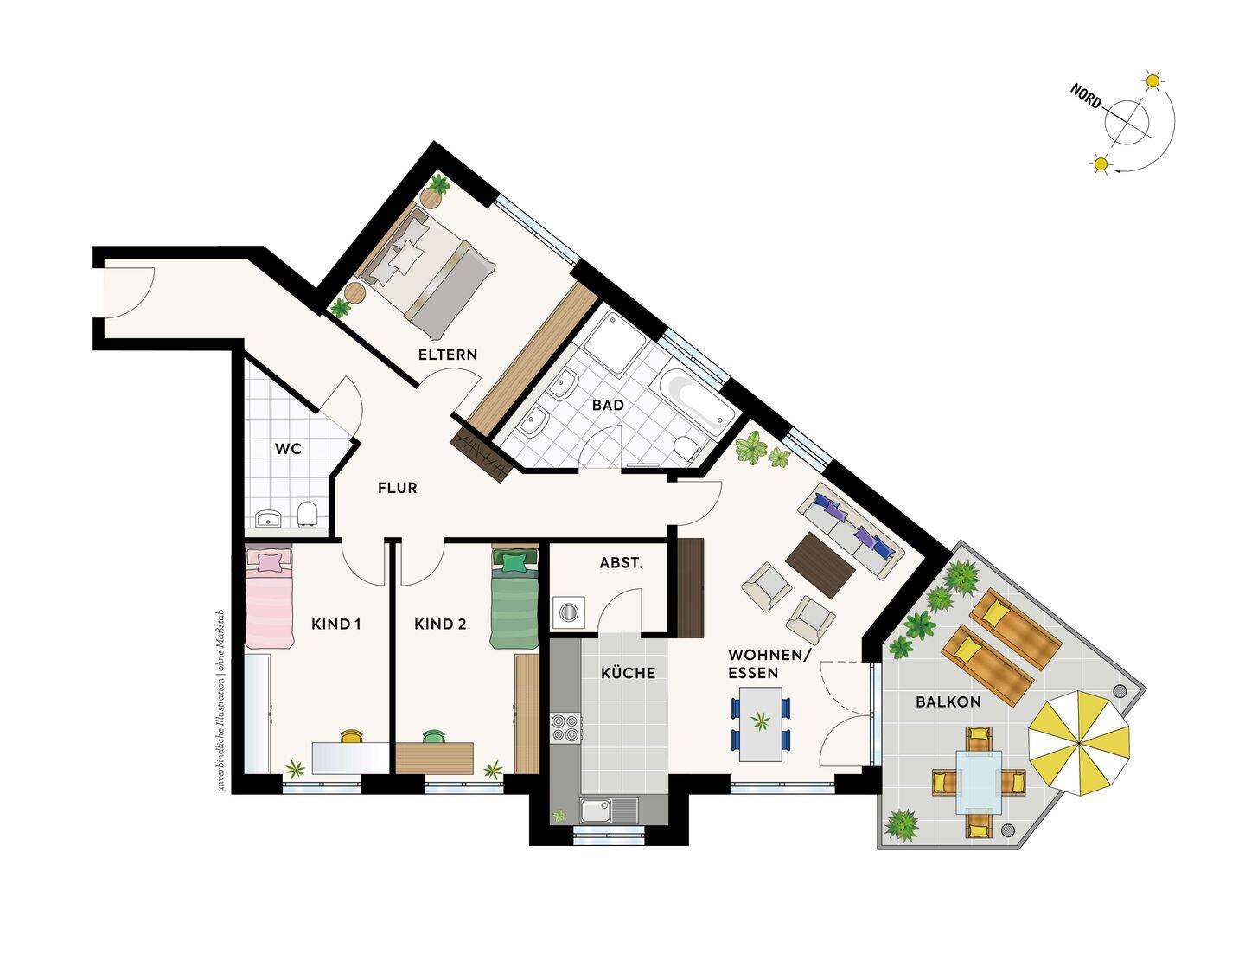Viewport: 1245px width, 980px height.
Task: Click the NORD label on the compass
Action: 1086,96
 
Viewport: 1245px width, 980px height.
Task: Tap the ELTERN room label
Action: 448,355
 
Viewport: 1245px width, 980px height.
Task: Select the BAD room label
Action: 608,405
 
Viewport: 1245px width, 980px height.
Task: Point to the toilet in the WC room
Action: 308,514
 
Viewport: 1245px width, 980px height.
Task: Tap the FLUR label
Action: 398,488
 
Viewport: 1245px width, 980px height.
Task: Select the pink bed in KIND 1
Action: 270,598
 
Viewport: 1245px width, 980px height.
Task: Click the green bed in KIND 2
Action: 514,598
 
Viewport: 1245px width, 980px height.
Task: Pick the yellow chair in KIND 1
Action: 353,736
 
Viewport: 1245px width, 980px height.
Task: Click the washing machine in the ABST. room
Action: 568,612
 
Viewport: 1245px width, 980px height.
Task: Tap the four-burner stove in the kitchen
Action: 565,727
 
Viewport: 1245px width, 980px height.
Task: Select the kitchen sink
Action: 609,810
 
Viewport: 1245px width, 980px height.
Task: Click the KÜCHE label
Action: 629,673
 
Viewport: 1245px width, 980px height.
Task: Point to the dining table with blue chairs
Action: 762,724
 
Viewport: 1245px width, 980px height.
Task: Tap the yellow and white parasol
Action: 1078,743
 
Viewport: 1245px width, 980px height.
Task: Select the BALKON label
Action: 948,702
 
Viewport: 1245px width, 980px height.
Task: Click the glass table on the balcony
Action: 979,781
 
